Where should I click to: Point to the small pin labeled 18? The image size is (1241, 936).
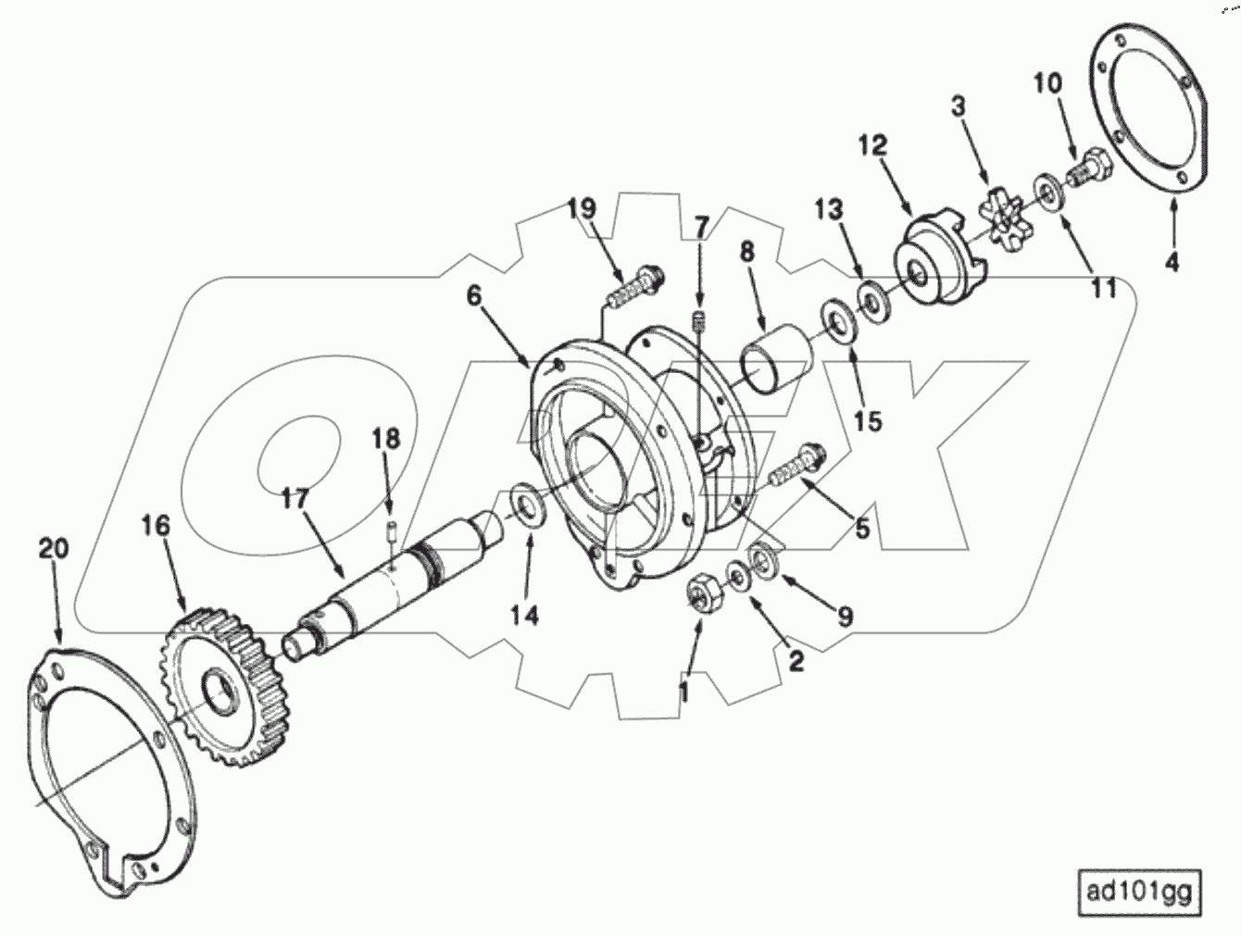point(392,534)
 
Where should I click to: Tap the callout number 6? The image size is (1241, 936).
point(474,296)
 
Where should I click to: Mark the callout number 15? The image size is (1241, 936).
point(868,420)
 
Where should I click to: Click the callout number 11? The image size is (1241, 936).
point(1102,289)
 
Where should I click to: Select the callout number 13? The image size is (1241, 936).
point(829,210)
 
